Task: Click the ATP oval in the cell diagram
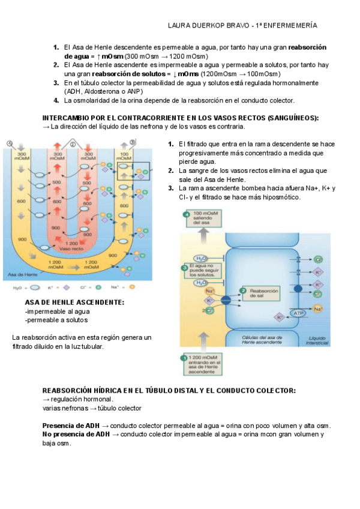pyautogui.click(x=298, y=313)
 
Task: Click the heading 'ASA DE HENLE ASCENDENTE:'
pyautogui.click(x=74, y=302)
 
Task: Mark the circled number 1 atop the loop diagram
pyautogui.click(x=9, y=143)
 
